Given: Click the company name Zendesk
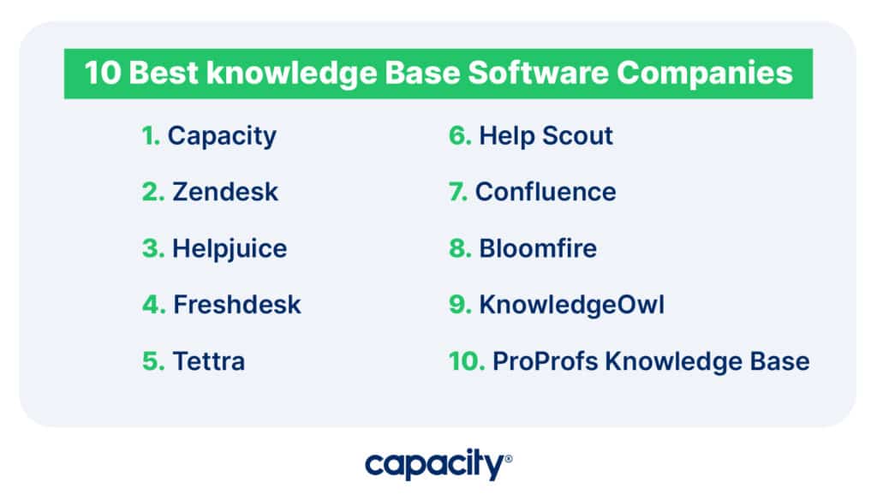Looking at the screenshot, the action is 225,192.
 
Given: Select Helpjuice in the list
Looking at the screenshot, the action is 230,249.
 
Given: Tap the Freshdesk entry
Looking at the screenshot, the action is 237,305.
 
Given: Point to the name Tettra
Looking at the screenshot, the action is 209,361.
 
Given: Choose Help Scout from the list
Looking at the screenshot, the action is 546,136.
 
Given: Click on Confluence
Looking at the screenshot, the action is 546,192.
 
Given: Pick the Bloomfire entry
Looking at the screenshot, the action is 538,248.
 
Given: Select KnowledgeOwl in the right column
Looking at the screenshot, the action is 571,305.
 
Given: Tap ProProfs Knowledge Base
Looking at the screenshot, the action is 651,361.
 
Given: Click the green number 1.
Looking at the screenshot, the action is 151,136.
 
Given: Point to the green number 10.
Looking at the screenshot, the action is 467,361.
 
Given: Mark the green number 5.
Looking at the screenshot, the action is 153,361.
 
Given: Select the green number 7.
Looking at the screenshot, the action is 458,192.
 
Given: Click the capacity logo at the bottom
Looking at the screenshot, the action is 438,464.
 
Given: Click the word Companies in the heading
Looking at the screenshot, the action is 705,74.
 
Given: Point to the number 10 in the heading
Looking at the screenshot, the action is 103,74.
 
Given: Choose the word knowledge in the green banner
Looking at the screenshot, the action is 291,74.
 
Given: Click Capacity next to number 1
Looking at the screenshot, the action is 222,137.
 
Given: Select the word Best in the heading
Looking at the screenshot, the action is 164,74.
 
